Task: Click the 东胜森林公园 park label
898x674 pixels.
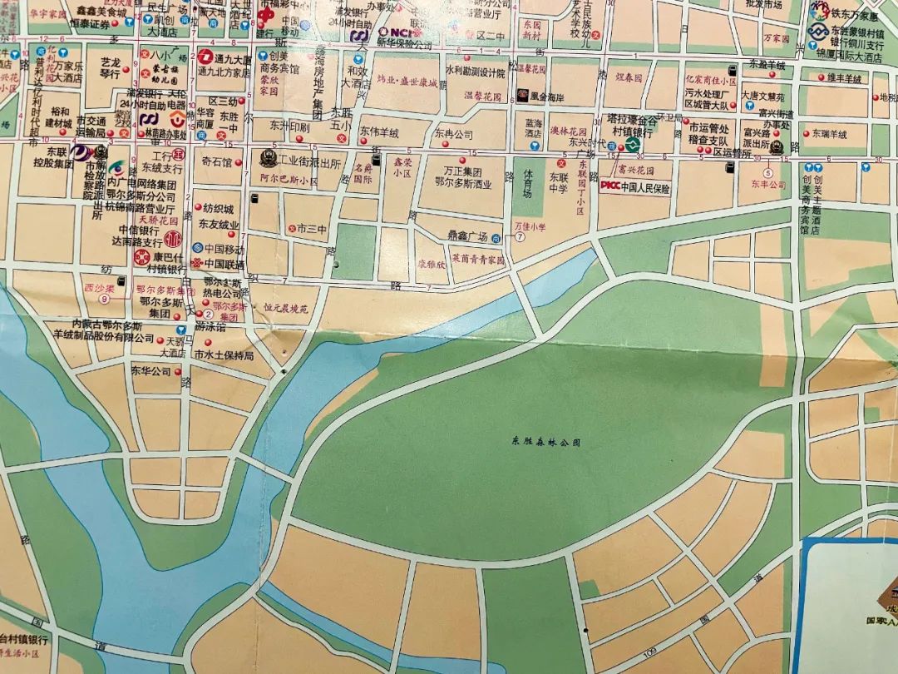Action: coord(545,442)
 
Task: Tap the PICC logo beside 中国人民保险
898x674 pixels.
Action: coord(610,187)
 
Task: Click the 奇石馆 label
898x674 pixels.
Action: coord(216,162)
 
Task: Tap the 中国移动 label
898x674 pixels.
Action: coord(224,248)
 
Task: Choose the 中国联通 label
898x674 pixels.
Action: coord(224,264)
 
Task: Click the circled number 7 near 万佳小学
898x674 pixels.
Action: coord(521,236)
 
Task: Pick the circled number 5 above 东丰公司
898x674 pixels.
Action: coord(769,172)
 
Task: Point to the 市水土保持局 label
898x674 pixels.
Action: coord(223,355)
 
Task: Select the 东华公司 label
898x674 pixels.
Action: coord(150,371)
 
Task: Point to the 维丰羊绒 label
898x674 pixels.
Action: coord(844,78)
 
